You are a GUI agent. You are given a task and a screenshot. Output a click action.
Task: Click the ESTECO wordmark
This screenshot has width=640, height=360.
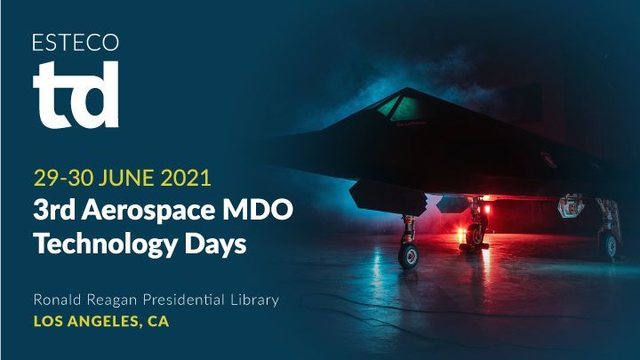[x=76, y=43]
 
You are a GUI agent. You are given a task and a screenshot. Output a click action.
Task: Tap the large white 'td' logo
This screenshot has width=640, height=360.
[x=76, y=94]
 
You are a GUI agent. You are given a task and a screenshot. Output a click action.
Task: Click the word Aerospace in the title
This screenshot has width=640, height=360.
[x=148, y=210]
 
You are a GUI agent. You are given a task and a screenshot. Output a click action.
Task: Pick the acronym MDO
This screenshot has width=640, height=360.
[x=257, y=210]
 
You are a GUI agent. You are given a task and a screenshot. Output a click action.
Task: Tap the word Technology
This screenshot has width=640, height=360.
[x=105, y=244]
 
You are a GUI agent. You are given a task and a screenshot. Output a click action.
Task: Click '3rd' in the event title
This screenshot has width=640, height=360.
[x=54, y=210]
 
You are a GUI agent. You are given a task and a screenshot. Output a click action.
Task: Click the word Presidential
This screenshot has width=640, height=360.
[x=184, y=300]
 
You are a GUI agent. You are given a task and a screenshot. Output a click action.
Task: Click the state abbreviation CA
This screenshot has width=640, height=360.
[x=158, y=321]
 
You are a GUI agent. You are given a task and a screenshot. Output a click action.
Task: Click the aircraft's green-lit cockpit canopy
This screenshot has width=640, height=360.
[x=398, y=108]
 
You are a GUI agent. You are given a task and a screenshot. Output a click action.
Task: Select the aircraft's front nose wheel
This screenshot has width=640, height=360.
[x=408, y=256]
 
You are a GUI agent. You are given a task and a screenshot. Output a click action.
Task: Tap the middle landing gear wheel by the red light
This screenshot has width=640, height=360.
[x=475, y=235]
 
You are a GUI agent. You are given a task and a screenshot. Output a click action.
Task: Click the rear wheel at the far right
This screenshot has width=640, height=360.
[x=611, y=246]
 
